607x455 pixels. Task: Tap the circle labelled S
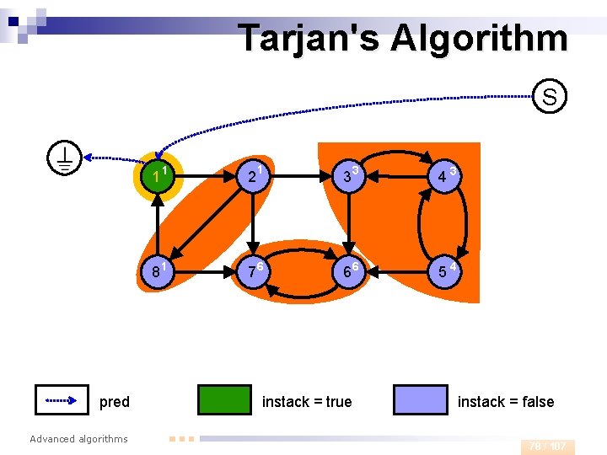549,97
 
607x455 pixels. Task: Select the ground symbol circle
65,158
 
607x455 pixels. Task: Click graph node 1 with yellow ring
158,177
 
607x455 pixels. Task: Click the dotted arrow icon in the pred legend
62,400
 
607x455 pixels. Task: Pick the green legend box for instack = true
224,400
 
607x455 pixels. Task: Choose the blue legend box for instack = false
421,400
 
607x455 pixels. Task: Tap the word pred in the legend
115,402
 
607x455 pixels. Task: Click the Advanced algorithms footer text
78,439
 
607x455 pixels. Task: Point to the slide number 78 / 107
547,447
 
